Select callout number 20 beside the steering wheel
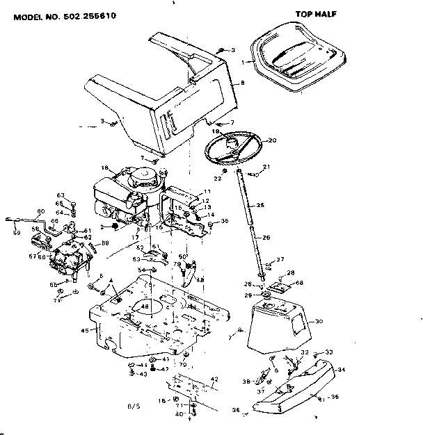(272, 140)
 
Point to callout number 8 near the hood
(242, 84)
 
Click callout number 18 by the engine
(105, 167)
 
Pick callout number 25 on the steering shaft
(261, 205)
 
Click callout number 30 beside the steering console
(320, 321)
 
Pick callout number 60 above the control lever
(40, 211)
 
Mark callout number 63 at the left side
(60, 195)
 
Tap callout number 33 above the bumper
(329, 352)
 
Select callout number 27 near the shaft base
(281, 259)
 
